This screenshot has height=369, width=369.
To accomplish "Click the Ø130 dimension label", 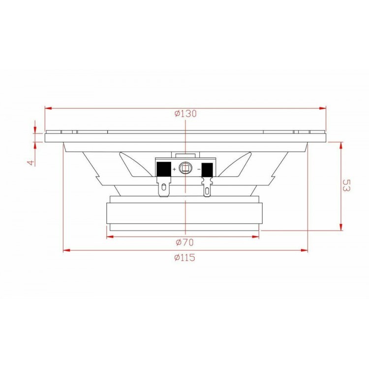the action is point(185,114).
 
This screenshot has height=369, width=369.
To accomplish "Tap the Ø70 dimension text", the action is point(185,242).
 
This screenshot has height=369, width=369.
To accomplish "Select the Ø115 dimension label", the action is point(184,257).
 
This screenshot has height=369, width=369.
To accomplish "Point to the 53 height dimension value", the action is point(346,185).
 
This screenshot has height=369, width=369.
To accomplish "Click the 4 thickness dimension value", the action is point(31,162).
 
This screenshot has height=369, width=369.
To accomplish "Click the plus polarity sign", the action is point(174,169).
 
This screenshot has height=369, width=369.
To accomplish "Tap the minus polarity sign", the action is point(199,169).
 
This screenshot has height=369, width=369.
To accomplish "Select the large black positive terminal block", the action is point(164,169).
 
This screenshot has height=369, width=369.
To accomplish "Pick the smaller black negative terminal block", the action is point(207,170).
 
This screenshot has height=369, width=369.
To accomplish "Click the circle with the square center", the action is point(185,168).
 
